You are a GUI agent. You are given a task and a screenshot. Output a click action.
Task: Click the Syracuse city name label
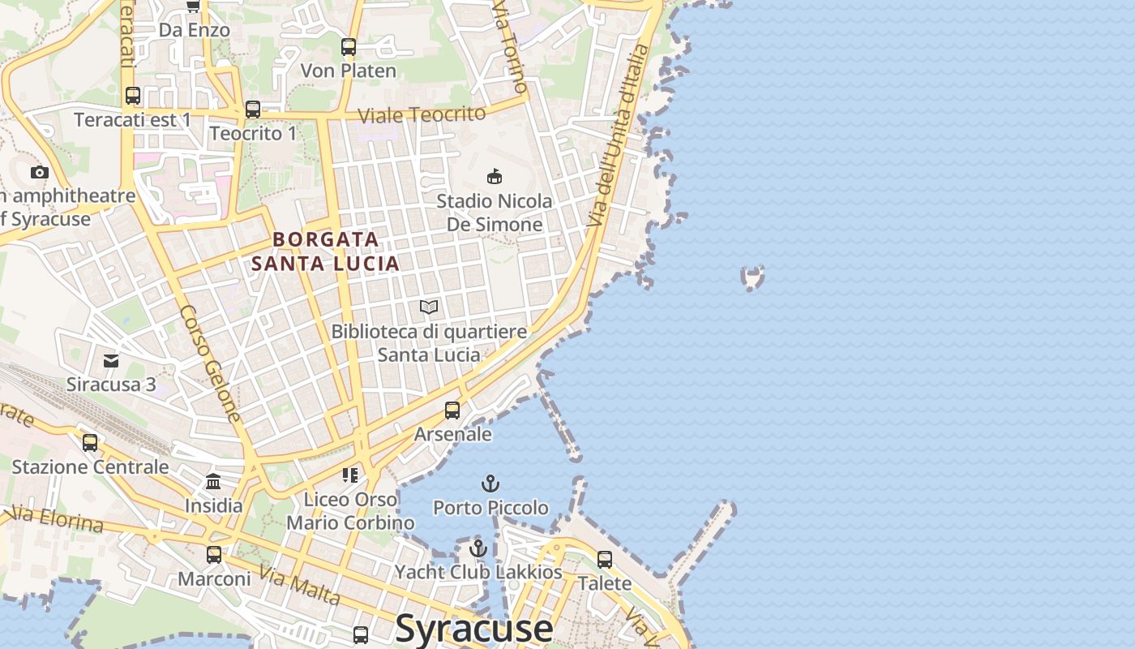[x=474, y=628]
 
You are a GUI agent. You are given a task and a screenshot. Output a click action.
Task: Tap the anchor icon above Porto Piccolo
[x=490, y=484]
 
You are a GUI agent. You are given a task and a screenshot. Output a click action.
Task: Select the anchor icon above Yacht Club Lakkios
[x=478, y=549]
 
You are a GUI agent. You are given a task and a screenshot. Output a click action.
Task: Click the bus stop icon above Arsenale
[x=452, y=410]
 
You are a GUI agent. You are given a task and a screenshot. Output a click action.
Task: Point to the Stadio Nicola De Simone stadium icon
[x=494, y=176]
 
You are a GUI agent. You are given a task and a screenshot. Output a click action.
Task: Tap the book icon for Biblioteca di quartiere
[x=429, y=307]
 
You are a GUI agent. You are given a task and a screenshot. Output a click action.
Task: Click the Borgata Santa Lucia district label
[x=325, y=251]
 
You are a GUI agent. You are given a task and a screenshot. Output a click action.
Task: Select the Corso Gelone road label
[x=211, y=363]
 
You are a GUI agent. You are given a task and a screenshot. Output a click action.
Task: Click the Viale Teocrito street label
[x=422, y=114]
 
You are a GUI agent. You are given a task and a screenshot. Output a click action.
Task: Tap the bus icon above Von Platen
[x=349, y=47]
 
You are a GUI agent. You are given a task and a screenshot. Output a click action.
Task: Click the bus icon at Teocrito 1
[x=253, y=110]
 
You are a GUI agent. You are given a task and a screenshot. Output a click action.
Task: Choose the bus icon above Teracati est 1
[x=133, y=96]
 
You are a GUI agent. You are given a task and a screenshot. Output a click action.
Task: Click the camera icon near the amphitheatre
[x=39, y=172]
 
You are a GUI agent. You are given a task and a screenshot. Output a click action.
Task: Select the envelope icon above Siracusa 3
[x=111, y=361]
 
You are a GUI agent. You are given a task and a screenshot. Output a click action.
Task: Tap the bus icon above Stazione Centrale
[x=90, y=443]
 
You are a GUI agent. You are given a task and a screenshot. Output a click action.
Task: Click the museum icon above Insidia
[x=213, y=482]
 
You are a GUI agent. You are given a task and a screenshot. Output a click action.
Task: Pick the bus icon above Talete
[x=605, y=560]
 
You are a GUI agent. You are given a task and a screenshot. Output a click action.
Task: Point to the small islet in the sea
[x=753, y=277]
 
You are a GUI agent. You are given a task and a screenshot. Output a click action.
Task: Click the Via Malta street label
[x=299, y=585]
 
